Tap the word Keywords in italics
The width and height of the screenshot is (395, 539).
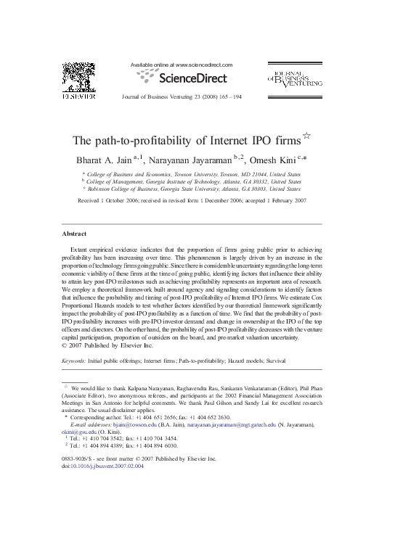pyautogui.click(x=73, y=360)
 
